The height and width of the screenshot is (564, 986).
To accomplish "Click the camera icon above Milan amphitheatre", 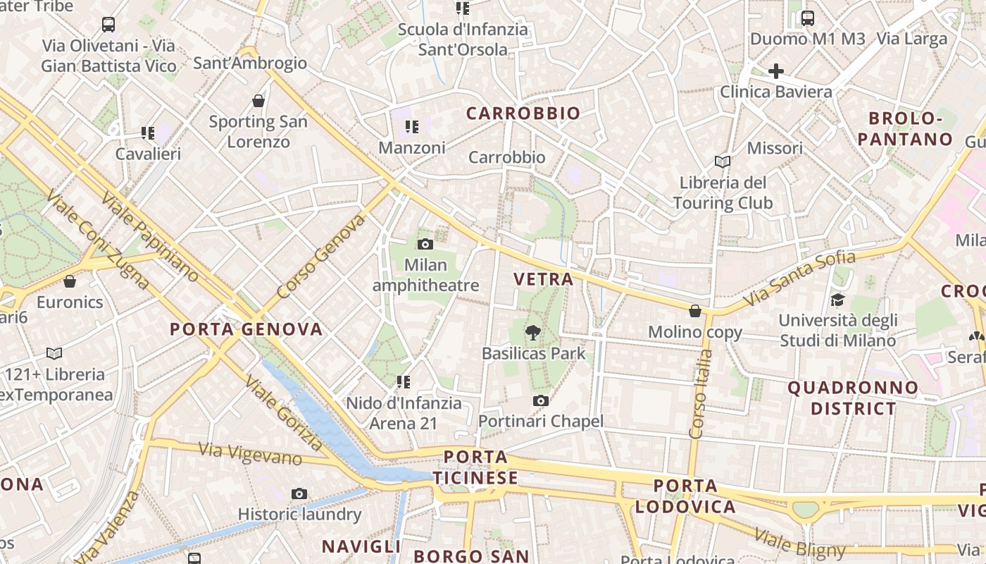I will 425,245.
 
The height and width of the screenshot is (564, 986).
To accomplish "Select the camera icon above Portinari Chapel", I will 540,401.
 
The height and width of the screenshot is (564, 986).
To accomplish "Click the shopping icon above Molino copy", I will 695,311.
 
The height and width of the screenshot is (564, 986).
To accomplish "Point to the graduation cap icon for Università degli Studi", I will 837,300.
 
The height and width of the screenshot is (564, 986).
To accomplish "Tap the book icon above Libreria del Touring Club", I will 722,162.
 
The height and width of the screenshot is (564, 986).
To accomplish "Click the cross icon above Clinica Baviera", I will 775,71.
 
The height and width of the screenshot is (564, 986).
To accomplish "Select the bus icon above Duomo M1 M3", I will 807,18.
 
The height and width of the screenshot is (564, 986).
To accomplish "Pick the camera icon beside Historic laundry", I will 299,493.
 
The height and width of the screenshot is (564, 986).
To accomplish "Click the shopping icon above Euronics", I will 70,282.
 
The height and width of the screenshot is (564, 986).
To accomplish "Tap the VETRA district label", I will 544,279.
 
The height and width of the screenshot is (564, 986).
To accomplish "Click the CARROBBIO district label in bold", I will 523,114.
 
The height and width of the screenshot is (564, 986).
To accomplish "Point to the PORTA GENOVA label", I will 246,329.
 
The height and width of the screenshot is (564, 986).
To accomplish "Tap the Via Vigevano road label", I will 250,454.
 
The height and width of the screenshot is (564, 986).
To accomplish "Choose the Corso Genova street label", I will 321,257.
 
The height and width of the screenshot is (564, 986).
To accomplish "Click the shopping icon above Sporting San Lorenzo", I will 258,101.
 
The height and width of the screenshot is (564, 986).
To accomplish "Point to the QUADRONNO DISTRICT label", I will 853,398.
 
